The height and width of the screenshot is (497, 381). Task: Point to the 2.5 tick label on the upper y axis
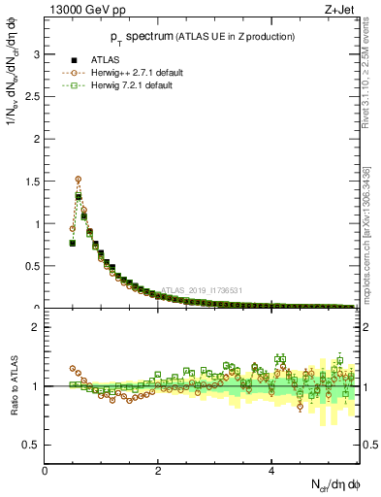[x=33, y=97]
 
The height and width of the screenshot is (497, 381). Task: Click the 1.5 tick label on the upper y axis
[x=33, y=182]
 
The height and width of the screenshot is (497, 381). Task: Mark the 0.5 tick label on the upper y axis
[x=33, y=266]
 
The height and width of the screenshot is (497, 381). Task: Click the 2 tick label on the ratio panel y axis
[x=37, y=327]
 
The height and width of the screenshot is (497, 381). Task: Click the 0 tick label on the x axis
[x=46, y=471]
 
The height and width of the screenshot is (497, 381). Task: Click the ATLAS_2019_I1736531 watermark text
[x=205, y=289]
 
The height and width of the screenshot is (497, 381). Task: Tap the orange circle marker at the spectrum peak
[x=79, y=179]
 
